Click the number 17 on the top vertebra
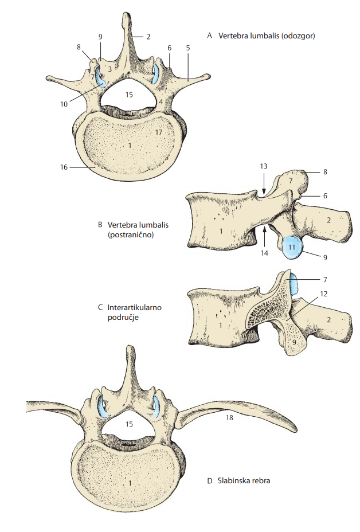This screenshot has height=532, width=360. coord(158,132)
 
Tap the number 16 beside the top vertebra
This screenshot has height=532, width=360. coord(64,167)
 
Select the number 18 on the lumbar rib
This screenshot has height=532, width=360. coord(229,418)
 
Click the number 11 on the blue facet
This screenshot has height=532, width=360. coord(292,247)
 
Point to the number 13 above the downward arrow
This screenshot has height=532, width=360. coord(264,166)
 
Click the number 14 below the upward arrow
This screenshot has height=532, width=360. coord(264,253)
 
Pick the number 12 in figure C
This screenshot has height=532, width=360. coord(324,294)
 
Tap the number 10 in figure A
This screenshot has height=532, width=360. coord(64,104)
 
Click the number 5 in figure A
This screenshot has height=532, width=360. coord(188,48)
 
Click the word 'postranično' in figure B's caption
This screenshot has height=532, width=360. coord(131,235)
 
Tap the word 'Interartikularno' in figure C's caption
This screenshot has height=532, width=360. coord(134,307)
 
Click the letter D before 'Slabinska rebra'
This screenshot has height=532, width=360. coord(209,481)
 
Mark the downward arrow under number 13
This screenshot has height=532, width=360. coord(264,183)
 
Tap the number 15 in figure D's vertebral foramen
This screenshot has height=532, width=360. coord(129,424)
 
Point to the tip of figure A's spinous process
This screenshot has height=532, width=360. coord(126,14)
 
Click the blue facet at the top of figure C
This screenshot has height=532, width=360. coord(294,284)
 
